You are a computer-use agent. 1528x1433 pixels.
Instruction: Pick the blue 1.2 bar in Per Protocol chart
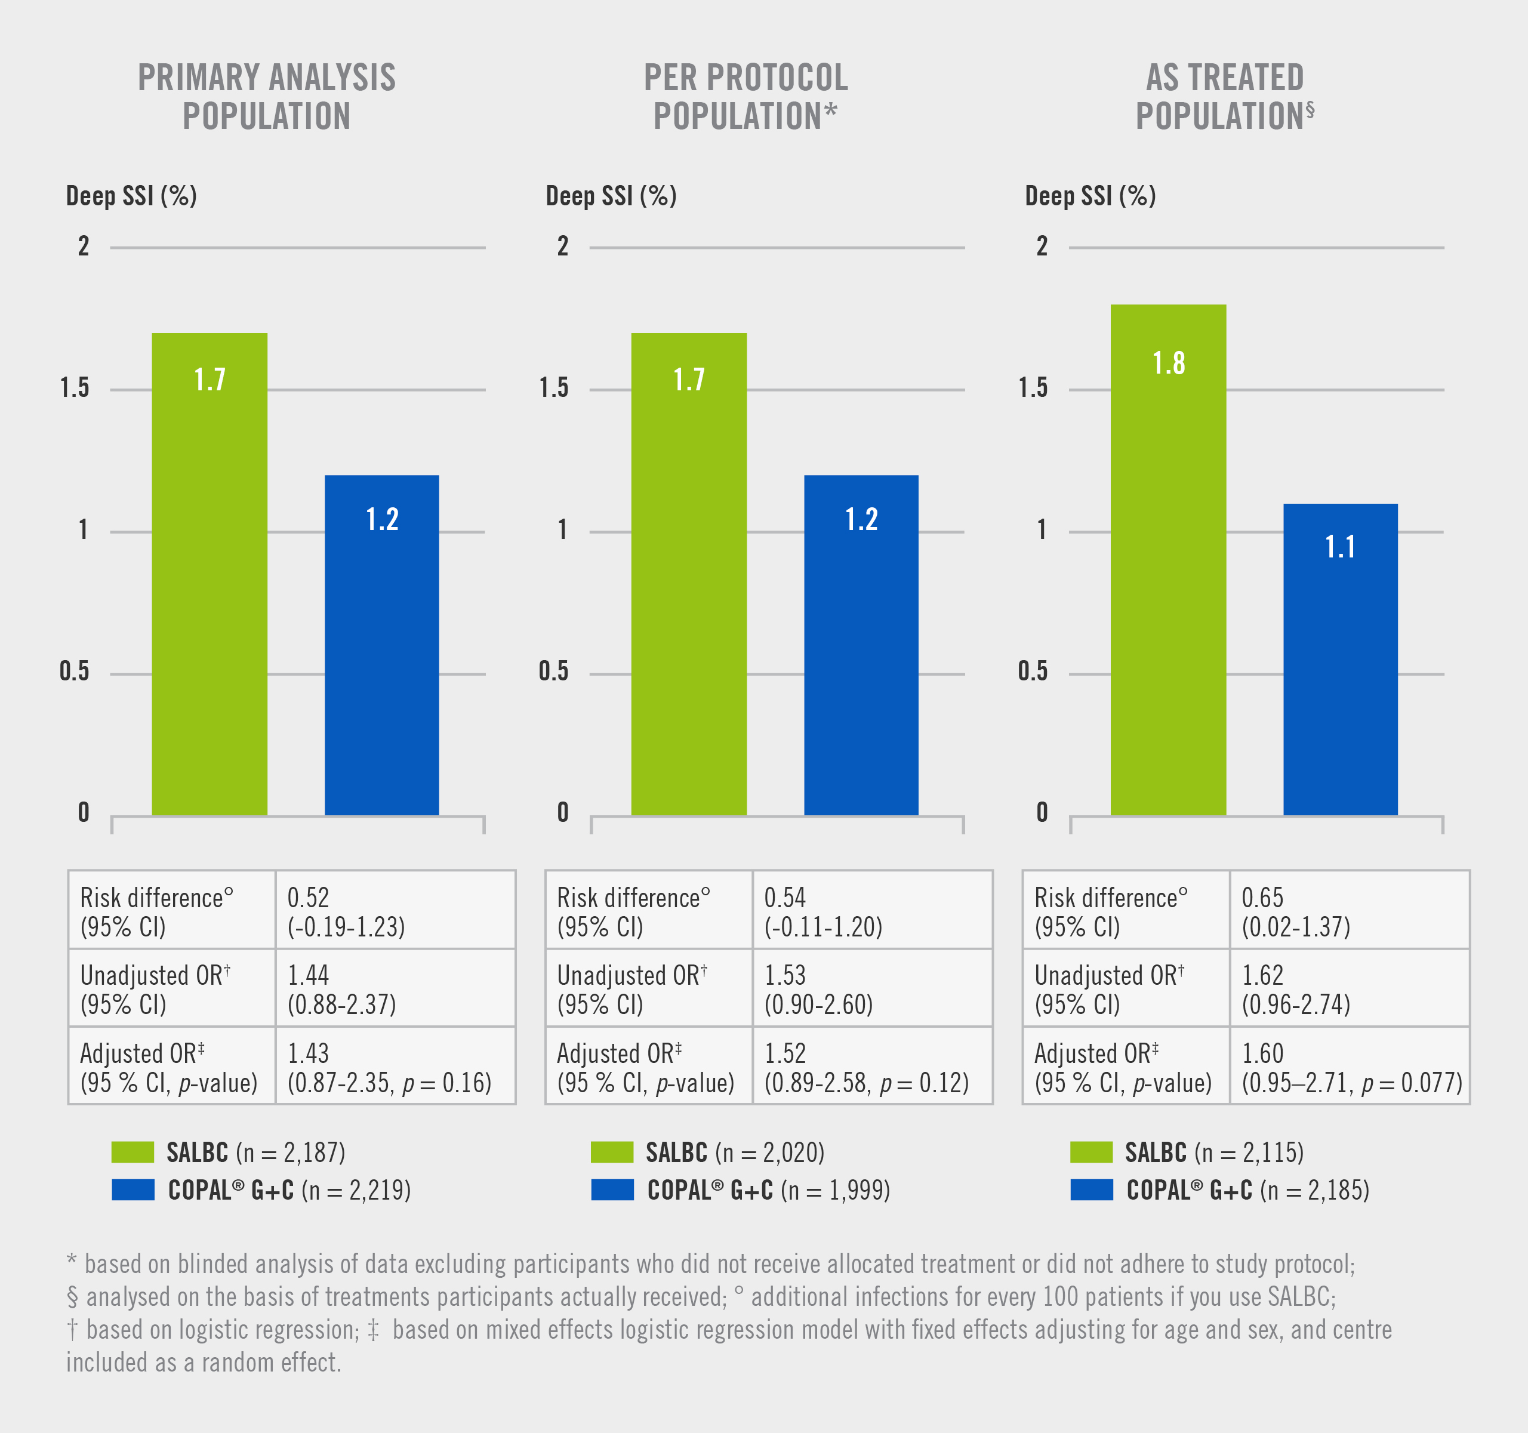click(x=861, y=645)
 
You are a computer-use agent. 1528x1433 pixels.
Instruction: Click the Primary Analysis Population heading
click(x=267, y=97)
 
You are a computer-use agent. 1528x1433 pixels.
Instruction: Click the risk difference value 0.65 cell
click(x=1349, y=911)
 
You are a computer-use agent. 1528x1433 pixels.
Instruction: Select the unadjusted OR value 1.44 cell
click(x=395, y=988)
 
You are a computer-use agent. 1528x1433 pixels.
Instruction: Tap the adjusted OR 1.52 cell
click(x=871, y=1067)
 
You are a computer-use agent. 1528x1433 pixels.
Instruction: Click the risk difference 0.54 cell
click(x=871, y=911)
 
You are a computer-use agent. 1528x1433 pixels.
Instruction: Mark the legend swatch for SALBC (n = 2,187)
click(x=132, y=1152)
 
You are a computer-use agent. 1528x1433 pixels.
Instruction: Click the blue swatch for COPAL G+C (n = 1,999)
click(x=612, y=1190)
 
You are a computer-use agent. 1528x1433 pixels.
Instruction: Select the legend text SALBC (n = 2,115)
click(x=1215, y=1152)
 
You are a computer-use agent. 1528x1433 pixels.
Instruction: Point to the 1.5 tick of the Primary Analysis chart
click(x=75, y=388)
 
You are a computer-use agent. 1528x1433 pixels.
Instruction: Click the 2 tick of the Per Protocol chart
click(x=563, y=246)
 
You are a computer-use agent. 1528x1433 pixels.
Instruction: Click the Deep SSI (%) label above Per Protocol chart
click(x=611, y=196)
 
